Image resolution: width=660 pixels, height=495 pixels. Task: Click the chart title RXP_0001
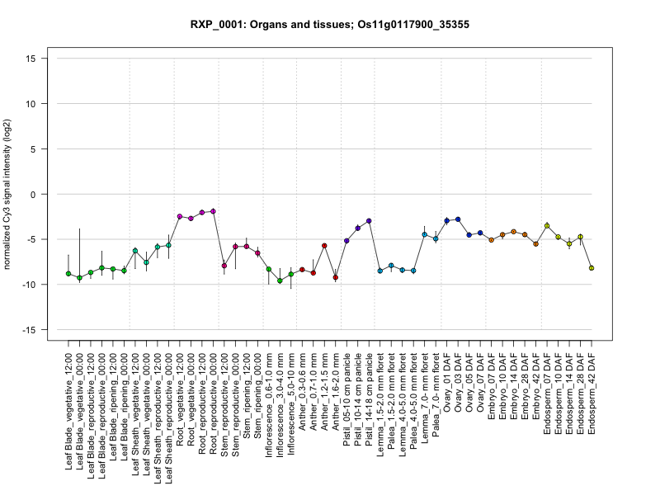click(329, 25)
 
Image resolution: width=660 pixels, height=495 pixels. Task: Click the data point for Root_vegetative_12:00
click(180, 216)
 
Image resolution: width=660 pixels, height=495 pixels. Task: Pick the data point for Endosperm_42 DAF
click(592, 268)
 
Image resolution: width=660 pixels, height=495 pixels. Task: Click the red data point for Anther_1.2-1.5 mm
click(324, 246)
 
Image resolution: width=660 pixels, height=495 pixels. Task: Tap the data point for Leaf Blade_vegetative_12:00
click(68, 273)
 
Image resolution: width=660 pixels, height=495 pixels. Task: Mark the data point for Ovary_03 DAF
click(458, 219)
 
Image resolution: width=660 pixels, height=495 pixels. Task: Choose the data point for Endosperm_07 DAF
click(547, 225)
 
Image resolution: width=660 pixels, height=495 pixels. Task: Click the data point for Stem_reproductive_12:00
click(224, 265)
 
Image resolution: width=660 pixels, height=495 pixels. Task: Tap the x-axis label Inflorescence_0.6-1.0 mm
click(270, 401)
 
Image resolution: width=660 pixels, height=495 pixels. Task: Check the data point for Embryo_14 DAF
click(513, 232)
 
